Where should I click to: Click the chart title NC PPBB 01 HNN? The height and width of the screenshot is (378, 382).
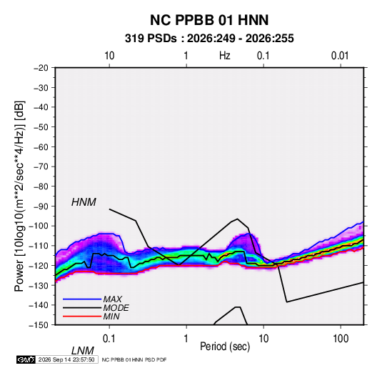pos(209,20)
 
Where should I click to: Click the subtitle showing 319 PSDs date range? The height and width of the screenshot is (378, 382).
pos(209,39)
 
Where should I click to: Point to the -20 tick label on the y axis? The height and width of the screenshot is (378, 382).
pos(41,68)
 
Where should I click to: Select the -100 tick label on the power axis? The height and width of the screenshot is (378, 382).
pos(39,226)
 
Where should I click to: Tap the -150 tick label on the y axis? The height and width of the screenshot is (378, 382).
pos(39,325)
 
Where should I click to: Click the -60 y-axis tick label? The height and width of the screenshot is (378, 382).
pos(41,146)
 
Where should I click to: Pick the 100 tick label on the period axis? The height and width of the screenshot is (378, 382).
pos(341,339)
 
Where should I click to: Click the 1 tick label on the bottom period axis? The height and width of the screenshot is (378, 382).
pos(186,339)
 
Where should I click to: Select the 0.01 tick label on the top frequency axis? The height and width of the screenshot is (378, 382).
pos(340,56)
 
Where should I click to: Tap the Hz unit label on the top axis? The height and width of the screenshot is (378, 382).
pos(225,56)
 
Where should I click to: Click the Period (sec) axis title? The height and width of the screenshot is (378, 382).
pos(225,347)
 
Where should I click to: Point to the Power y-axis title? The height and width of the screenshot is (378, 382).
pos(19,197)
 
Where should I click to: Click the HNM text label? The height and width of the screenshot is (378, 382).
pos(84,202)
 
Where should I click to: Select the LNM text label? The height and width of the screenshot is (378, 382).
pos(83,351)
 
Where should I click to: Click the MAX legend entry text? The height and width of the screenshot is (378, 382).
pos(112,299)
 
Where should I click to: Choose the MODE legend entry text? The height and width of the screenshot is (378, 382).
pos(116,308)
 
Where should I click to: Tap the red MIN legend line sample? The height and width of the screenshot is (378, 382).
pos(82,317)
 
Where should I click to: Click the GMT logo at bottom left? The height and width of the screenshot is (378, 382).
pos(26,359)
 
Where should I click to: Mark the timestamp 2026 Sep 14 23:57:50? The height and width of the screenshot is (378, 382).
pos(66,359)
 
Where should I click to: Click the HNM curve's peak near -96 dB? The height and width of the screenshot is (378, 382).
pos(237,219)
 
